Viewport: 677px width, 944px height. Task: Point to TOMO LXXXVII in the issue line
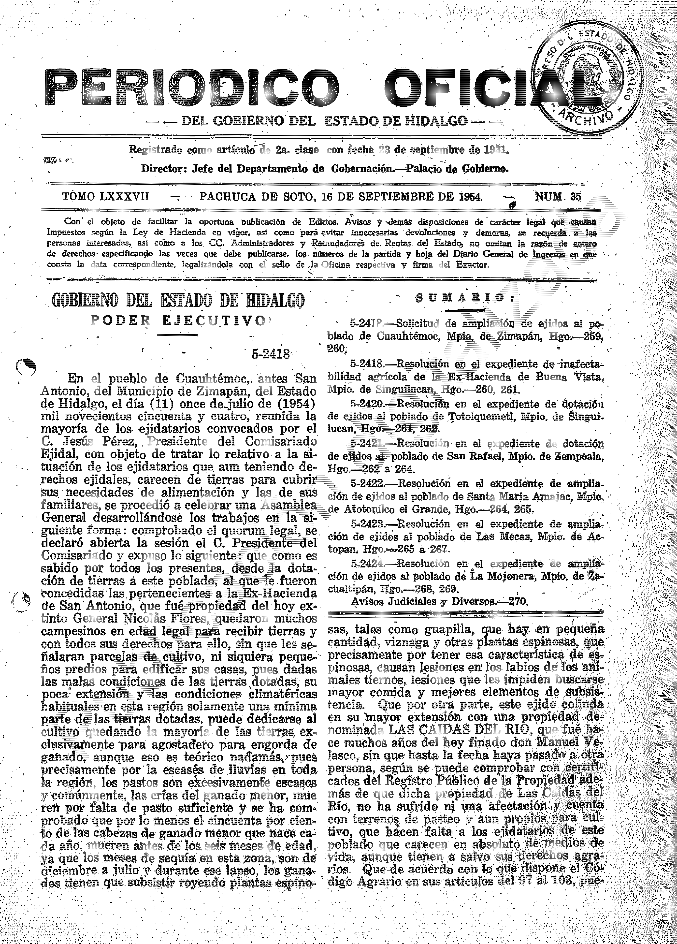tap(105, 196)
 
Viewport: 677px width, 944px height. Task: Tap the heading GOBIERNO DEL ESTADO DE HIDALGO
tap(178, 300)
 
